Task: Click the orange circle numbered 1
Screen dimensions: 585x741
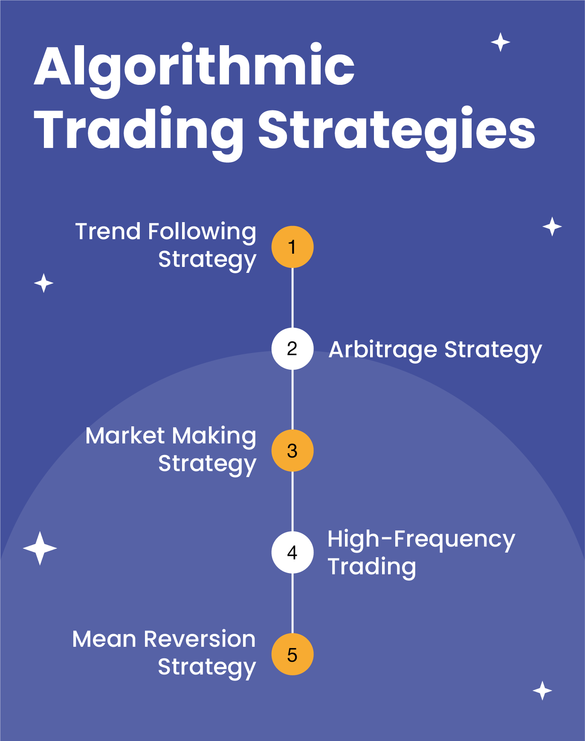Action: click(x=292, y=247)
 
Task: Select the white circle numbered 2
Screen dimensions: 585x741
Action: click(x=292, y=349)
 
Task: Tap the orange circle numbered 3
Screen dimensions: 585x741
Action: click(x=292, y=451)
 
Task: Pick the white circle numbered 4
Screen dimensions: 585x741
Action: click(x=292, y=553)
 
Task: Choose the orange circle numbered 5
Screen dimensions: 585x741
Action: click(x=292, y=654)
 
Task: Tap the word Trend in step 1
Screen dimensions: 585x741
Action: click(x=108, y=232)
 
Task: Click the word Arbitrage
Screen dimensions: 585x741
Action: click(x=383, y=350)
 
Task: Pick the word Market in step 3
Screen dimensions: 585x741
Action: click(x=125, y=436)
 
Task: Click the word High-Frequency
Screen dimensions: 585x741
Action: click(x=421, y=540)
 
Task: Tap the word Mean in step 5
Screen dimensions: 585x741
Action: click(x=104, y=640)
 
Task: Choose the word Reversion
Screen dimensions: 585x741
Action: click(x=200, y=640)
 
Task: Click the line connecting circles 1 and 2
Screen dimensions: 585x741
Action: click(x=292, y=298)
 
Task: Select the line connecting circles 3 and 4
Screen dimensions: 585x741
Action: click(x=292, y=502)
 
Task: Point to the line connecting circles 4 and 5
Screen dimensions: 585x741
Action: click(x=292, y=604)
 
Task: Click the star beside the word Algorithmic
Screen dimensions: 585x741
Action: click(x=501, y=42)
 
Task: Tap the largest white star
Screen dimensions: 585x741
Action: click(x=40, y=548)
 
